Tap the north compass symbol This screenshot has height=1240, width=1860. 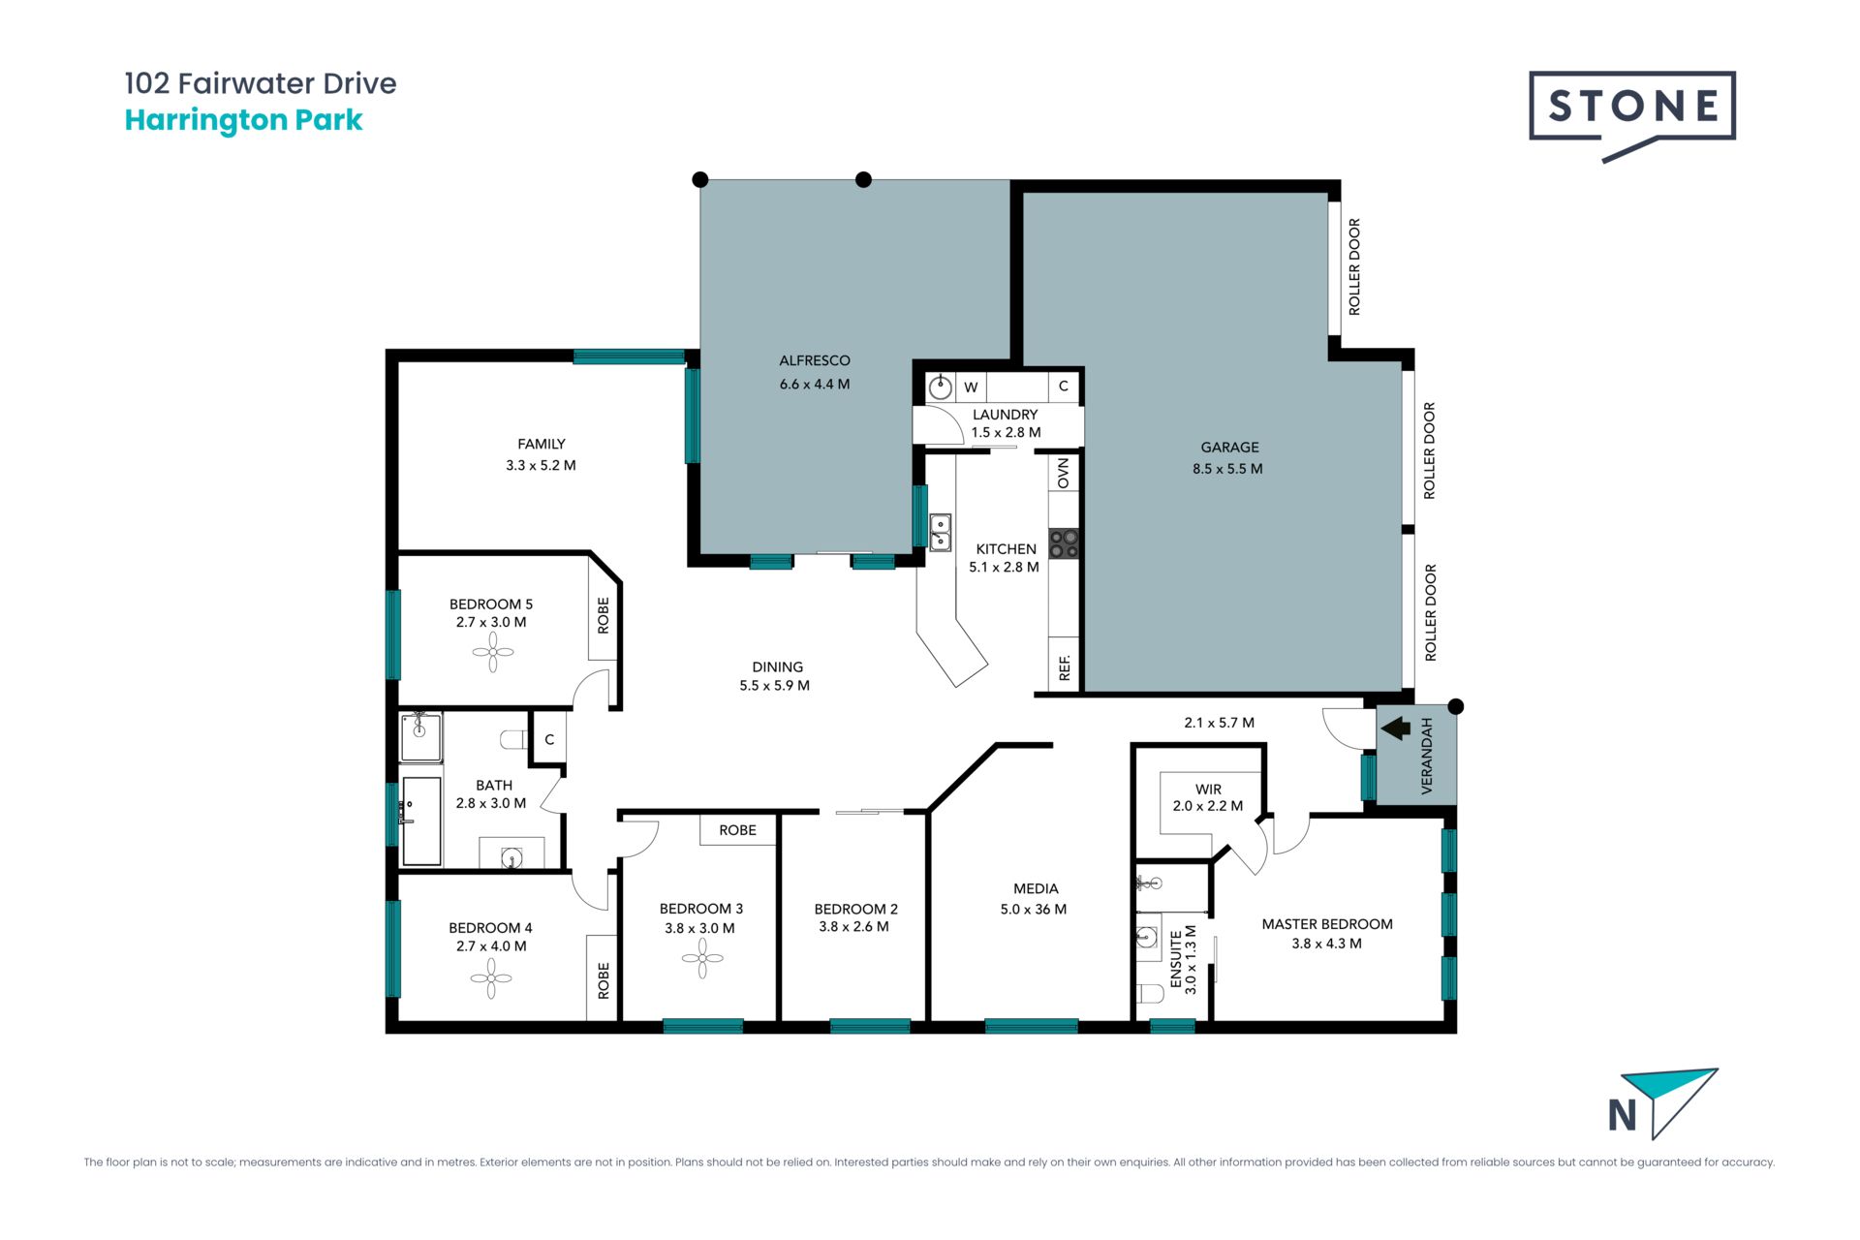1662,1104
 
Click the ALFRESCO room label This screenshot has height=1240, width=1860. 815,360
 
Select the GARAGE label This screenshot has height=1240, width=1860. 1229,448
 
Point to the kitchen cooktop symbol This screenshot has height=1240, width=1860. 1064,543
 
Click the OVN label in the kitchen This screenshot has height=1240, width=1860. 1064,474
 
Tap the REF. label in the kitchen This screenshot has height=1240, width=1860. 1065,667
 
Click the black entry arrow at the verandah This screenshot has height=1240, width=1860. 1396,728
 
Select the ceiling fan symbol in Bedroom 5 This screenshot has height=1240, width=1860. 493,652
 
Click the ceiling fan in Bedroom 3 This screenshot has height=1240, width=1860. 702,959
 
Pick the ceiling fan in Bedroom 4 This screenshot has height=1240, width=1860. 491,978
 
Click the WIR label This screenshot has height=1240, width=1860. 1208,790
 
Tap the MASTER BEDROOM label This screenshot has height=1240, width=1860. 1327,924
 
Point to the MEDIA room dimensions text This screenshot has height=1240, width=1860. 1034,910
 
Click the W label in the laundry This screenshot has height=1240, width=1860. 971,387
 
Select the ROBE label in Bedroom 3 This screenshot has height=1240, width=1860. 738,830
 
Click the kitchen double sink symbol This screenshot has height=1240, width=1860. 941,533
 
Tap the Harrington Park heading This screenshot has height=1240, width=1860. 244,120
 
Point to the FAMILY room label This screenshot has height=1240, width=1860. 542,444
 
